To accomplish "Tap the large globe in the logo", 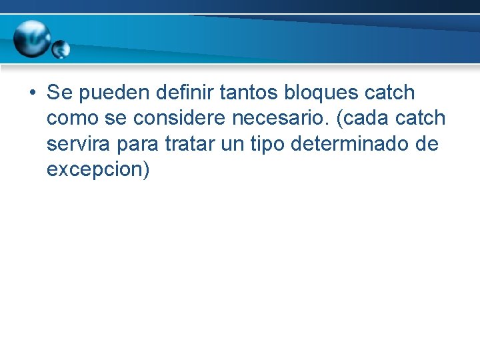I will click(x=33, y=38).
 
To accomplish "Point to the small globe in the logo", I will click(x=61, y=49).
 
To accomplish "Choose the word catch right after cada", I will click(x=421, y=118).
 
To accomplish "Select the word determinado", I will click(x=357, y=144).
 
